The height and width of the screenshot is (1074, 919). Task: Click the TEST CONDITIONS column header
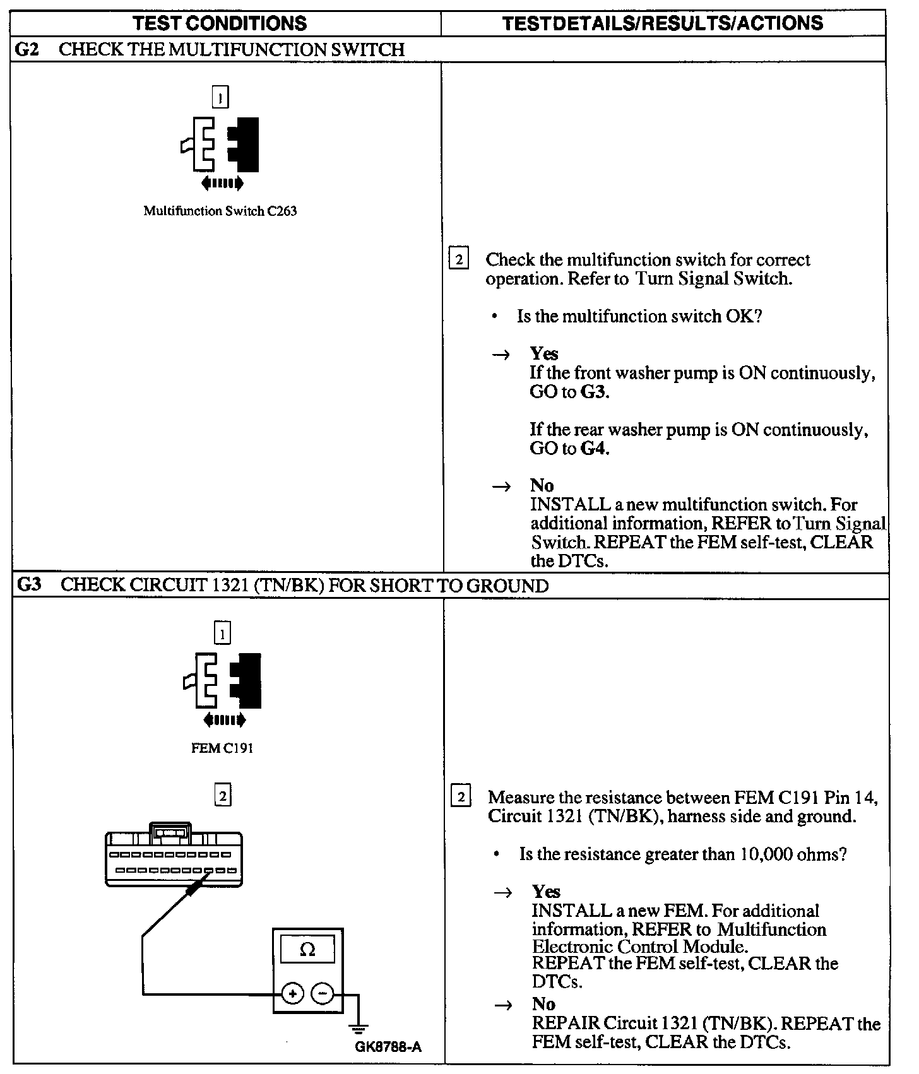pos(220,23)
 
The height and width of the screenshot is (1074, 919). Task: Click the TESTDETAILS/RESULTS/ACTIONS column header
pos(663,23)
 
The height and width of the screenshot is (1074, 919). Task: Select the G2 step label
pos(27,49)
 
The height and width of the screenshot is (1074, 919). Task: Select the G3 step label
pos(29,585)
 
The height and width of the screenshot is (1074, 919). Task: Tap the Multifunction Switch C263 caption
pos(220,211)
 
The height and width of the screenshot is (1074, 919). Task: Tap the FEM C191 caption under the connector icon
pos(222,748)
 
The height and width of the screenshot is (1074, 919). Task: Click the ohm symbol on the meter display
pos(307,950)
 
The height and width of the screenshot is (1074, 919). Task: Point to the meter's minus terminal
pos(323,994)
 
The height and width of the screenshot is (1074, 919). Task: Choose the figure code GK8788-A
pos(388,1047)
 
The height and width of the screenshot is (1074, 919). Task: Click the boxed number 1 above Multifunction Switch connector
pos(220,98)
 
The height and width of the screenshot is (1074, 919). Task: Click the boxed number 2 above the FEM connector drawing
pos(222,796)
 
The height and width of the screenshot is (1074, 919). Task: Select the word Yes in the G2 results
pos(544,353)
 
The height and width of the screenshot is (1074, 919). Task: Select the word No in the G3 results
pos(543,1004)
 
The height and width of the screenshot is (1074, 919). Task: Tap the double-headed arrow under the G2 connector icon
pos(222,184)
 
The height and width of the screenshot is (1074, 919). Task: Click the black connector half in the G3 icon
pos(247,680)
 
